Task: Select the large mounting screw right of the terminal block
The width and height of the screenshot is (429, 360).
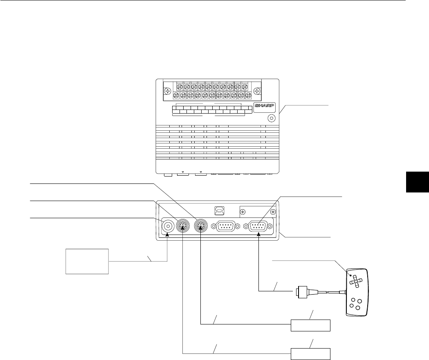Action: coord(257,91)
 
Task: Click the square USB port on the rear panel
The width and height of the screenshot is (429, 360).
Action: coord(217,211)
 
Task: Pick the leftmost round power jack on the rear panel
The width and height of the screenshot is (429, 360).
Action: coord(168,226)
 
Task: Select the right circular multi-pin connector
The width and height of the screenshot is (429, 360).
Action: coord(201,226)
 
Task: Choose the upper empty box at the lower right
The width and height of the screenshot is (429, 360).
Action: coord(310,326)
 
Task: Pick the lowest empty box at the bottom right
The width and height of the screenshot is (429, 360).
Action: coord(310,353)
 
